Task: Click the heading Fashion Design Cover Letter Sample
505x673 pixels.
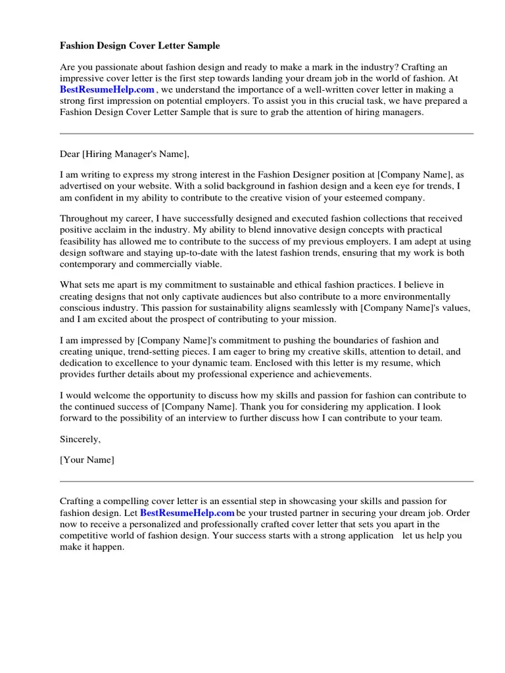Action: [140, 46]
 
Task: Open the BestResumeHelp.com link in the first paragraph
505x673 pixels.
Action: [107, 89]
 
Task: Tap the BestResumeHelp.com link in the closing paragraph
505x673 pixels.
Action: [187, 513]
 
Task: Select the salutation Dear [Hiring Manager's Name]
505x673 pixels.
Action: [124, 154]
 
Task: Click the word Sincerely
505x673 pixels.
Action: [80, 439]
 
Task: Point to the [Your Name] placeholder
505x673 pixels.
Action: [87, 460]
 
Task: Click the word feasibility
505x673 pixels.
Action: [84, 241]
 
